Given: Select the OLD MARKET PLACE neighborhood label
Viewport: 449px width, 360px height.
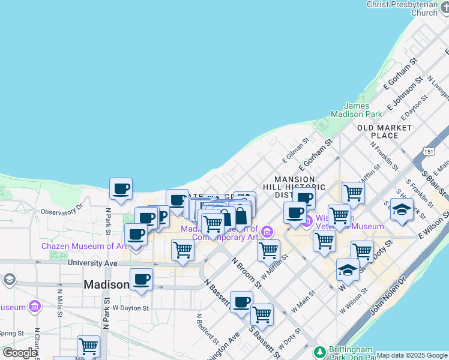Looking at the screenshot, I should click(x=385, y=131).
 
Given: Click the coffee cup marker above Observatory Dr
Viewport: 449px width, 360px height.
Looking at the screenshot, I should click(x=121, y=189).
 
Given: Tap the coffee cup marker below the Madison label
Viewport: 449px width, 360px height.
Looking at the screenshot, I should click(x=141, y=279).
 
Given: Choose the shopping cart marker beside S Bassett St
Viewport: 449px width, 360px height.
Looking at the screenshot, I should click(x=262, y=314).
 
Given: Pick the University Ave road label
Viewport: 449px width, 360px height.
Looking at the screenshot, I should click(x=93, y=263).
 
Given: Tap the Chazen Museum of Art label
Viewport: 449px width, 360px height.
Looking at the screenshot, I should click(x=84, y=246).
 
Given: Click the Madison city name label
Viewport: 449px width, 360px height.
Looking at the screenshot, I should click(x=106, y=284).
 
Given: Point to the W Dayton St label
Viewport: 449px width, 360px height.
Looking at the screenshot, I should click(x=130, y=308).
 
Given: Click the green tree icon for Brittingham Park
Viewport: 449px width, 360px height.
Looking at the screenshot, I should click(x=320, y=351).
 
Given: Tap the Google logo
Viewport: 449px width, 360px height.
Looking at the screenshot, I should click(x=20, y=353).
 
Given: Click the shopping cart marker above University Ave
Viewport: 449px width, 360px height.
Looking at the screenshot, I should click(x=182, y=250).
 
